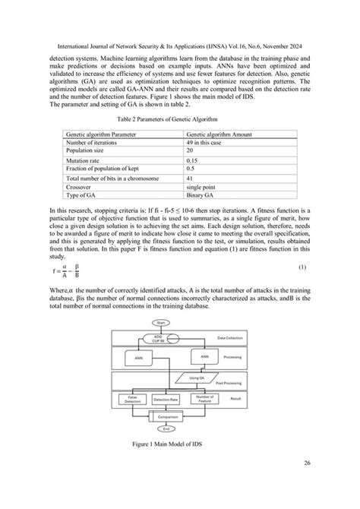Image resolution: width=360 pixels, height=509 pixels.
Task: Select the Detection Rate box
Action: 166,399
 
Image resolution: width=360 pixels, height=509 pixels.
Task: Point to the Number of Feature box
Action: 205,397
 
